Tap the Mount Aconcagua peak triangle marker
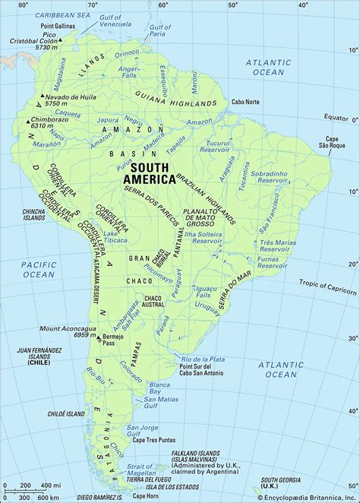click(x=97, y=334)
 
